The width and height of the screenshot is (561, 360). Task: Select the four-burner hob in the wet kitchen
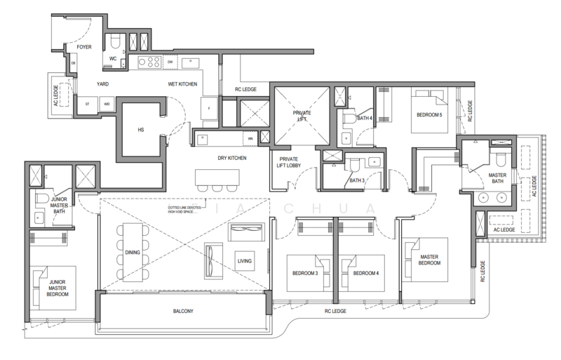pyautogui.click(x=149, y=63)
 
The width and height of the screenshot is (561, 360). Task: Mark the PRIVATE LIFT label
pyautogui.click(x=302, y=116)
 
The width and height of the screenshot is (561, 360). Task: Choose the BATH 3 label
pyautogui.click(x=358, y=180)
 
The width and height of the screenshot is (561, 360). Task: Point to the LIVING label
pyautogui.click(x=244, y=262)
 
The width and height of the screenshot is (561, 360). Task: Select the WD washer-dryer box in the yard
pyautogui.click(x=107, y=104)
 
